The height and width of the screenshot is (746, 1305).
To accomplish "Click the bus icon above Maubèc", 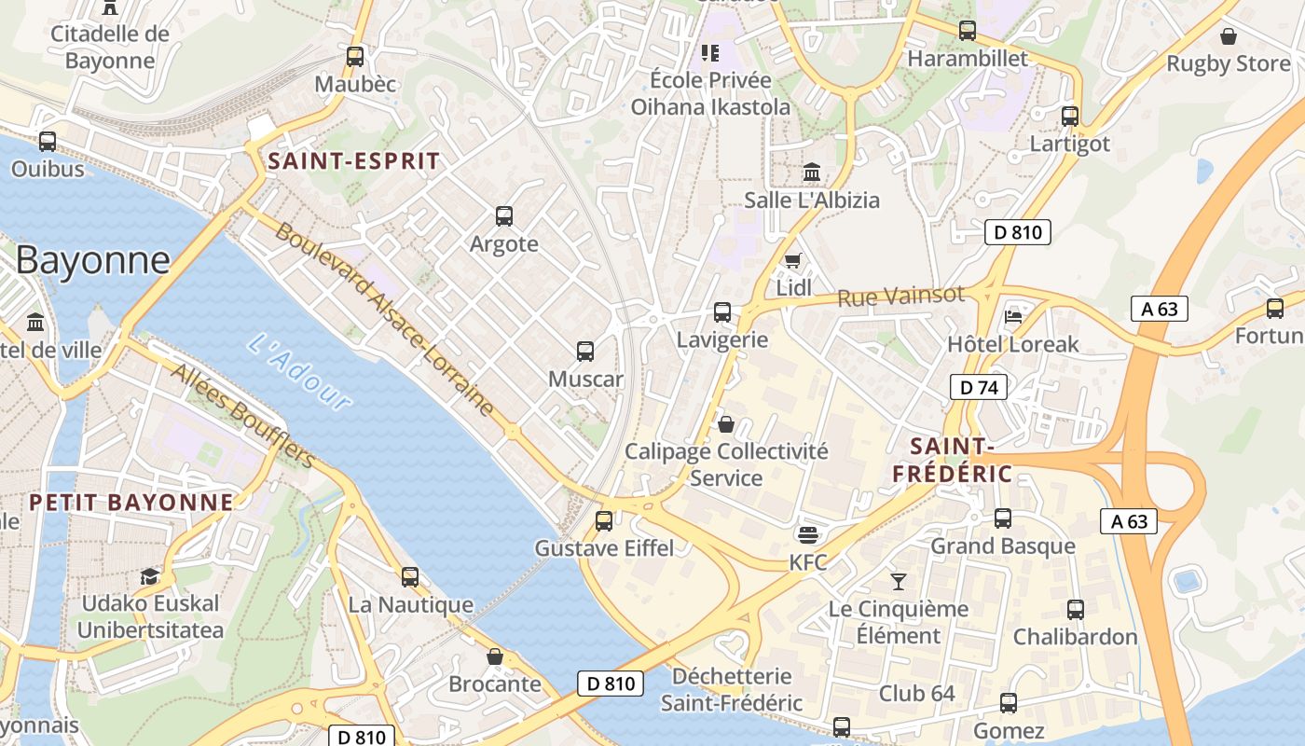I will pos(354,56).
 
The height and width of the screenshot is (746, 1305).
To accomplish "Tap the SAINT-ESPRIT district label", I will pos(353,160).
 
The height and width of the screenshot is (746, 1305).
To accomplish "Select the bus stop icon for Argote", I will pos(504,216).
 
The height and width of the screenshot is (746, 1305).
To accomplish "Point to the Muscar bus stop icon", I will pos(585,352).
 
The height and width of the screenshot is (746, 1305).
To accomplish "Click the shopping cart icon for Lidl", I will pos(793,260).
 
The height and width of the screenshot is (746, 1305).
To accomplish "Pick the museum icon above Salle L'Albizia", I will pos(812,173).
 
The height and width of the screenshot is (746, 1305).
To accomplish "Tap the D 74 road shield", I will pos(979,386).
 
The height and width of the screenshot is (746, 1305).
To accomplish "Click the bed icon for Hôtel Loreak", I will pos(1013,316).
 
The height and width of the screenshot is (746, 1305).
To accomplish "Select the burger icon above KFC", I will pos(808,535).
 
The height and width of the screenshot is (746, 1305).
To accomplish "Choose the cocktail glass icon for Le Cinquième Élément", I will pos(899,582).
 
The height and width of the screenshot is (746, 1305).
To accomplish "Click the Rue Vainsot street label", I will pos(900,297).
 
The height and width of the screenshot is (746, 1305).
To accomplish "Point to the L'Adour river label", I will pos(300,372).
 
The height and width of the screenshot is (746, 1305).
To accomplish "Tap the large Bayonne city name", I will pos(93,259).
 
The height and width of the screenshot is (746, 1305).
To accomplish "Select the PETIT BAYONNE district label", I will pos(131,503).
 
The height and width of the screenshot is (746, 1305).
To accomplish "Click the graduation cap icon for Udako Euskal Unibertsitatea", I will pos(149,576).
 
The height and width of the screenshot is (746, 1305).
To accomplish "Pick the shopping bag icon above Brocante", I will pos(495,656).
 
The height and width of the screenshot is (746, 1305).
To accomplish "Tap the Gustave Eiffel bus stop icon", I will pos(604,520).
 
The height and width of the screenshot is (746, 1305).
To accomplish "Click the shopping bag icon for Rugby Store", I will pos(1229,36).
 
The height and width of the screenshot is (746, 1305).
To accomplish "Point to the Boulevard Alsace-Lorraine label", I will pos(384,318).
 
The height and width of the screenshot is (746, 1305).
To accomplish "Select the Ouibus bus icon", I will pos(48,142).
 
